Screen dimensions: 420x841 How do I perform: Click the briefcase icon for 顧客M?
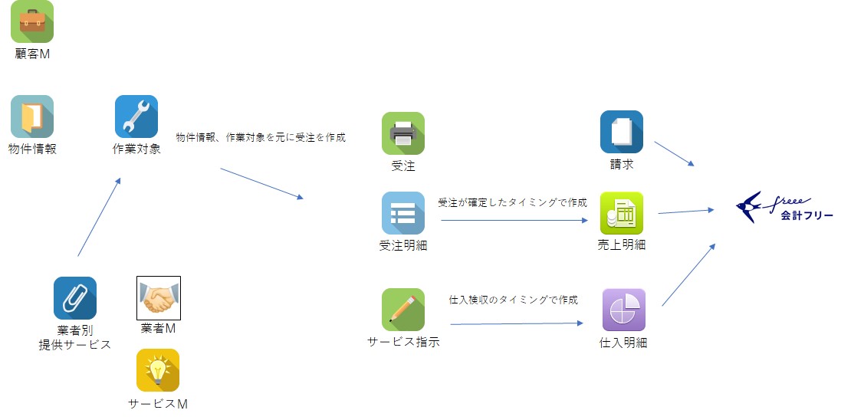(32, 21)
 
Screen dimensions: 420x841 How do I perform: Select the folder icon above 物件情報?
(32, 116)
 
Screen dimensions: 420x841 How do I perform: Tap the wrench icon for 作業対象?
(136, 116)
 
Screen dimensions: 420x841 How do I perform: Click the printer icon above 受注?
(403, 133)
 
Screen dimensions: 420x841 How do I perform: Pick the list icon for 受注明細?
(403, 213)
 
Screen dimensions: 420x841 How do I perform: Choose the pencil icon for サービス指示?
(403, 310)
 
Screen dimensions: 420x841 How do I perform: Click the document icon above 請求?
(621, 132)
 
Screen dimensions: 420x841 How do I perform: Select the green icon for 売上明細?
(621, 213)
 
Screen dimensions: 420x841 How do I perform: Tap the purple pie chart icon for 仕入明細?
(623, 310)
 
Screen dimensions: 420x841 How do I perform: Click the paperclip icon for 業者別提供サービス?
(75, 298)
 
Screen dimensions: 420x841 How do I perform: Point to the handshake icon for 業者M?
(159, 298)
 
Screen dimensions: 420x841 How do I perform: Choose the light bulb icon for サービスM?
(158, 371)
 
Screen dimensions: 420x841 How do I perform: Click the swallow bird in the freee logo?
(749, 205)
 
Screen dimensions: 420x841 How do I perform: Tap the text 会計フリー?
(807, 216)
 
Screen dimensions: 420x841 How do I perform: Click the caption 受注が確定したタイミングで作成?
(512, 203)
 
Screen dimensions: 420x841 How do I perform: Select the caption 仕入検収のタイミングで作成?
(513, 300)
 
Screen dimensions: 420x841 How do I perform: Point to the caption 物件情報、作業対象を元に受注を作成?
(261, 138)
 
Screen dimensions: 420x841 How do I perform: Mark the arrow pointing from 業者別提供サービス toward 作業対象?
(99, 217)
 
